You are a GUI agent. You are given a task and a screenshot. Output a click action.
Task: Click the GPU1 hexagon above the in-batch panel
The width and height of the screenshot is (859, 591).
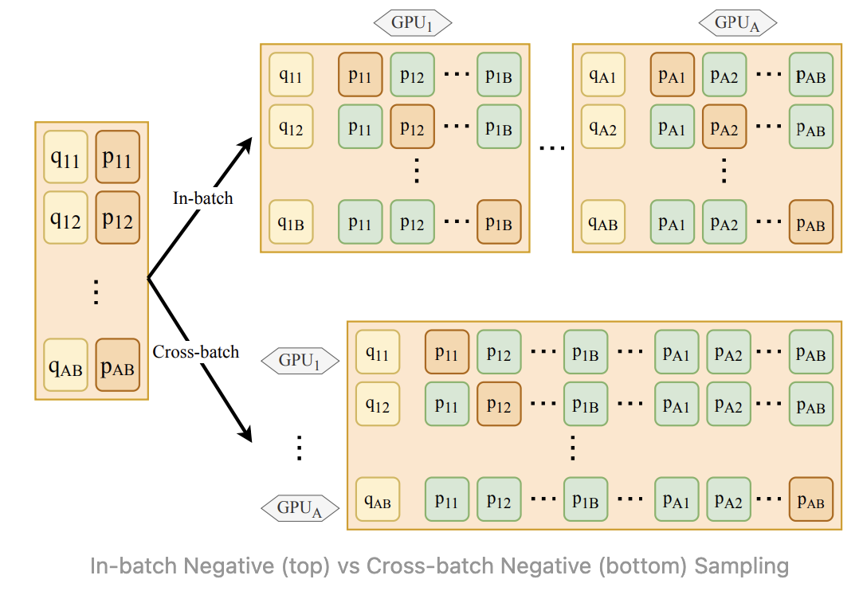413,23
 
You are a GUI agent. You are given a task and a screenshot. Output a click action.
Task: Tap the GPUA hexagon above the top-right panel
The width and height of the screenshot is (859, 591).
737,23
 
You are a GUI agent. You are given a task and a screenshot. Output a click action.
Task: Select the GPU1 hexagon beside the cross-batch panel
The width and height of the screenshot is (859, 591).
300,361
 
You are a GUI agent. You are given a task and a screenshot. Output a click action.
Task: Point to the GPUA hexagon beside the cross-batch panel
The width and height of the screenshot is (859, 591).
300,508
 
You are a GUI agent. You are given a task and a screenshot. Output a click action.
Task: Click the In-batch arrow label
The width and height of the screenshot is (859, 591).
202,198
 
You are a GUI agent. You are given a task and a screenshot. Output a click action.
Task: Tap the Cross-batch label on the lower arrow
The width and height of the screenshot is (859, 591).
195,351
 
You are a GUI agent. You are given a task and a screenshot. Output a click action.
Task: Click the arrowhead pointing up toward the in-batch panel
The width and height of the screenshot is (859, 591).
245,147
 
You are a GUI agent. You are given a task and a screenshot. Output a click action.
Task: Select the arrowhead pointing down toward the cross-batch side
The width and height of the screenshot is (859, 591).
245,432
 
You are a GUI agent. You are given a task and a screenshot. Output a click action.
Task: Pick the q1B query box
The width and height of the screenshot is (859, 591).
291,222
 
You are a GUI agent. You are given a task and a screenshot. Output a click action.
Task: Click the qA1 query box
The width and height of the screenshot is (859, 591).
602,75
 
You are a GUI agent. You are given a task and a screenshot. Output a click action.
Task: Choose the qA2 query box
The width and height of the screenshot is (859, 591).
602,127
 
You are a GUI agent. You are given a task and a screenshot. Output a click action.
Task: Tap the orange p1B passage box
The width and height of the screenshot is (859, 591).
499,222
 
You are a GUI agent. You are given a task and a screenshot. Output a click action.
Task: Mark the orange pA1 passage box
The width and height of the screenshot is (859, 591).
673,75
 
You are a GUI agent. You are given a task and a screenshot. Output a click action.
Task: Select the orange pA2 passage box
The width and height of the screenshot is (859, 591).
724,127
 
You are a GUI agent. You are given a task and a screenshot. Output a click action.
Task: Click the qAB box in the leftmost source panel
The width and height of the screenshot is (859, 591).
65,365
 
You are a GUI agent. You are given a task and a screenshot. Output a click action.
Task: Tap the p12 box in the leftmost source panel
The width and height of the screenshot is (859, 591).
117,217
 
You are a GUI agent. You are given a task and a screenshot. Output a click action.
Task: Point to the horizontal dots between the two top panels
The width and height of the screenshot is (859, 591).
551,148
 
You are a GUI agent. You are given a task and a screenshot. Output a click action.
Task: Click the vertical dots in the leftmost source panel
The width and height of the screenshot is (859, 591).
96,292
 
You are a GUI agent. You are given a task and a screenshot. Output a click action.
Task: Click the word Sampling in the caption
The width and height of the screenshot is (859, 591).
742,566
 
